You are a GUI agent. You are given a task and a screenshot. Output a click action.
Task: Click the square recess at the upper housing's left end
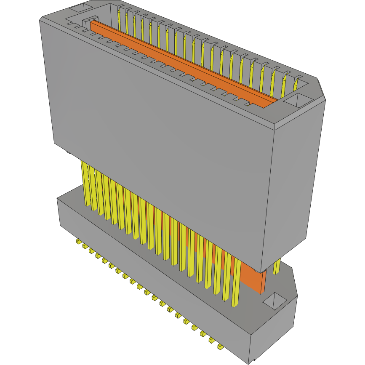81,8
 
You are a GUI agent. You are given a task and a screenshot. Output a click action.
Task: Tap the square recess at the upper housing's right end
298,100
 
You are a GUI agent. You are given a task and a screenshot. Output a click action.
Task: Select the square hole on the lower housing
275,300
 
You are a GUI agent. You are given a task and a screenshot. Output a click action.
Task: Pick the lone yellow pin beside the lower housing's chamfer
277,266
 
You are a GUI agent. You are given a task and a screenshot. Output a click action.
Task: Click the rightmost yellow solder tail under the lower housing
220,347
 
